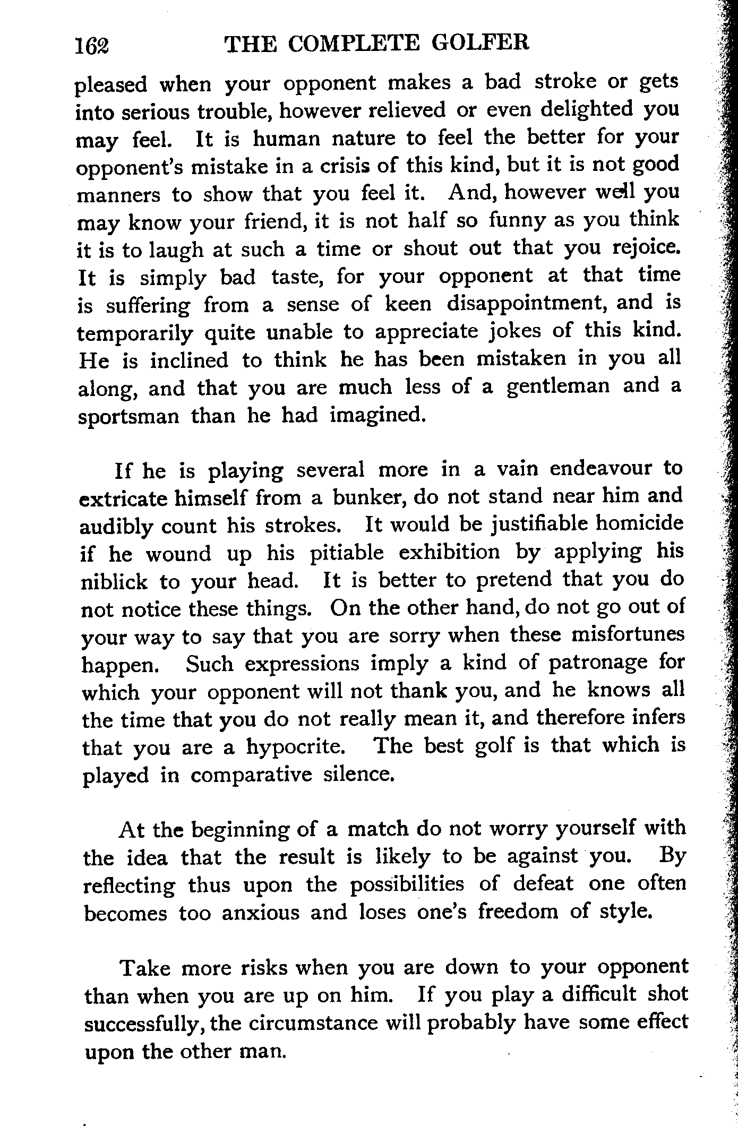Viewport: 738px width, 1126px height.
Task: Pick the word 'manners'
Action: [x=118, y=195]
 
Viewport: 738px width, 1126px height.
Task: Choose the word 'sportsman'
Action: [x=129, y=415]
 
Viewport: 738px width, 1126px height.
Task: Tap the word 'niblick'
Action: [x=114, y=582]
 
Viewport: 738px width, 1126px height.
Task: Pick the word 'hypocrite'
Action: [x=296, y=746]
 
